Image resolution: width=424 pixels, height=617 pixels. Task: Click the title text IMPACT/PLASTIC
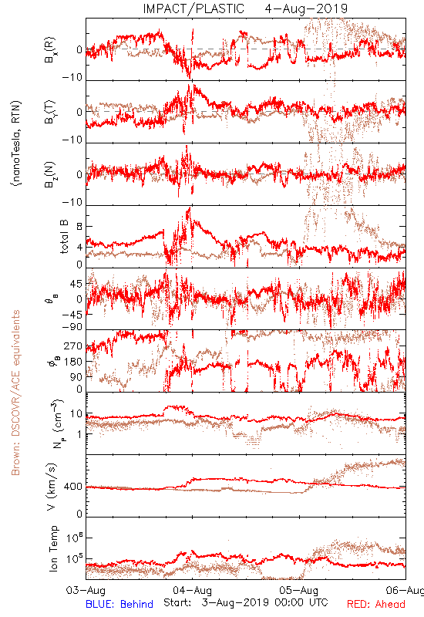click(193, 8)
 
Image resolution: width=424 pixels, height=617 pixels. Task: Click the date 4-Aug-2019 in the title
click(306, 8)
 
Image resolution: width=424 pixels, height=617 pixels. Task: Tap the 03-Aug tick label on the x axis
click(86, 590)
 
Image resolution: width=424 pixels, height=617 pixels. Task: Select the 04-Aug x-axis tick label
click(192, 590)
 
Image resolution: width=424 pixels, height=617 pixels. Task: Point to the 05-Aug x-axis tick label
click(299, 590)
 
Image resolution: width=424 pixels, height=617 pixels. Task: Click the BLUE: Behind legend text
click(119, 604)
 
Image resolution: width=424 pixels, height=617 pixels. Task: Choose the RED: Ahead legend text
click(375, 604)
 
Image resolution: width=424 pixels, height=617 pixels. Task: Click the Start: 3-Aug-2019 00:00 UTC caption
click(246, 602)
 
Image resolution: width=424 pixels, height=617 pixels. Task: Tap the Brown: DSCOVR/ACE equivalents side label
click(15, 393)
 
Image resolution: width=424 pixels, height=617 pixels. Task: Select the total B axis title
click(64, 237)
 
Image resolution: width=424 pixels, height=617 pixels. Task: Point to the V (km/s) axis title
click(52, 487)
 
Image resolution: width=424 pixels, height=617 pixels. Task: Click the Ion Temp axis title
click(53, 548)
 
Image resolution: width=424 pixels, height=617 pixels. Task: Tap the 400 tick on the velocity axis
click(73, 487)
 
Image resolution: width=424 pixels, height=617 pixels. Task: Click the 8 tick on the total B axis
click(79, 226)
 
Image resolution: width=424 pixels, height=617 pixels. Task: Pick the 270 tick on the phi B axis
click(73, 346)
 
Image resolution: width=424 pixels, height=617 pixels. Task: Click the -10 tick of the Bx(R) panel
click(72, 77)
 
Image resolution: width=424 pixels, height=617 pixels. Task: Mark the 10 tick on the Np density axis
click(76, 414)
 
